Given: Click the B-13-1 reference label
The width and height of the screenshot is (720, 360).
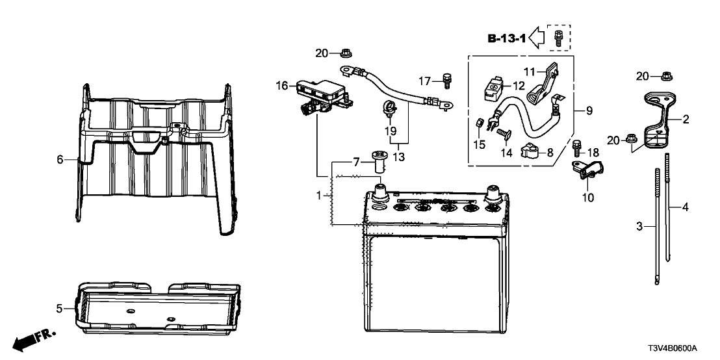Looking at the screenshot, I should [x=508, y=39].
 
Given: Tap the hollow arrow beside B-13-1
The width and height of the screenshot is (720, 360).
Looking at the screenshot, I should [x=538, y=39].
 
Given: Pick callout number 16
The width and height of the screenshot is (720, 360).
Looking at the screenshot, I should [x=281, y=84].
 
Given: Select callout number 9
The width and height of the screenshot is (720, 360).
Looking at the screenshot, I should [x=589, y=111].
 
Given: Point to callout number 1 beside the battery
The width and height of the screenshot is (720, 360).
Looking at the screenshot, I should [x=318, y=195].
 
